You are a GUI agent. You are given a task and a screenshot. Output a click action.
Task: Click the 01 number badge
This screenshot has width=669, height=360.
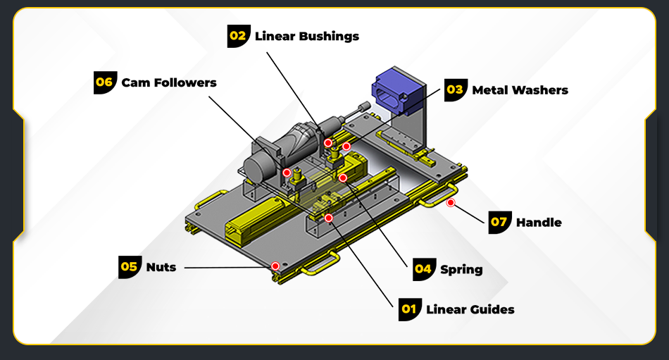410,309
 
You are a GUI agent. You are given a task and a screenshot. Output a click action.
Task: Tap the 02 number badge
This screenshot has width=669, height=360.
239,36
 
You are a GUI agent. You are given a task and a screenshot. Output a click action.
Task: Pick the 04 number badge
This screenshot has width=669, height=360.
423,268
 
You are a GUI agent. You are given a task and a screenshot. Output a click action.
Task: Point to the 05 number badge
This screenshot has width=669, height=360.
130,267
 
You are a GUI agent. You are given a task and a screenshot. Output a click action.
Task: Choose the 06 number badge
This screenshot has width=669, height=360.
105,82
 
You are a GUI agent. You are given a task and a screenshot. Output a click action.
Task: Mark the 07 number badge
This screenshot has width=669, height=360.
499,222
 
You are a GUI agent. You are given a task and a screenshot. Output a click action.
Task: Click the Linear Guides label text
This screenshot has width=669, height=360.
470,309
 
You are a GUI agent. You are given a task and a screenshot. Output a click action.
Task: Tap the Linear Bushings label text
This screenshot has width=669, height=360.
306,36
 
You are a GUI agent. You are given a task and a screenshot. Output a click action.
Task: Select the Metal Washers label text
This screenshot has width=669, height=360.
520,89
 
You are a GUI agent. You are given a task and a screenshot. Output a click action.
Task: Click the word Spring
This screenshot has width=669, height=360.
461,269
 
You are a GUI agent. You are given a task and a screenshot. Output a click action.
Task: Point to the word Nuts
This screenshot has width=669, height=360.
161,267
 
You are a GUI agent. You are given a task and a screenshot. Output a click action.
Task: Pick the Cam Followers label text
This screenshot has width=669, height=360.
169,82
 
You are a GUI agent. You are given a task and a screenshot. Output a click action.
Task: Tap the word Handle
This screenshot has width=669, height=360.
539,223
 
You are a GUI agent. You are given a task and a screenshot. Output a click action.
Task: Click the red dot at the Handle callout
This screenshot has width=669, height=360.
451,203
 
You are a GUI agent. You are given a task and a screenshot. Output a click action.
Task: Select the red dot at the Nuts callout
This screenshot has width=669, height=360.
275,266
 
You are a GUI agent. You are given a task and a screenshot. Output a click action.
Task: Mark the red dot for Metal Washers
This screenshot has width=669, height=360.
346,147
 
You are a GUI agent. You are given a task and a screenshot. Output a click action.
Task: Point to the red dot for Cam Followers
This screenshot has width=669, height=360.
287,173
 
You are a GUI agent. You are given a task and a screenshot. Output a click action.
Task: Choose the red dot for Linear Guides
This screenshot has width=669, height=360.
328,218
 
